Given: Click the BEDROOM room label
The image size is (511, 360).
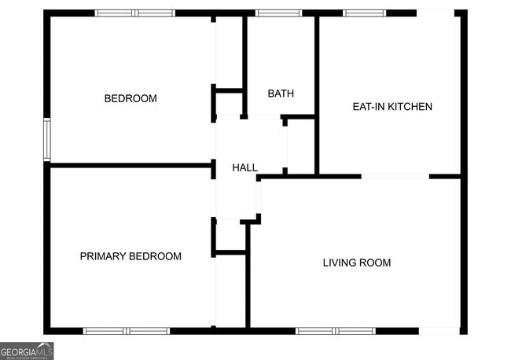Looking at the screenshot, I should [x=131, y=98].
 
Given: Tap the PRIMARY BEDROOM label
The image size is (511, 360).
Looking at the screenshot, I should [x=131, y=256].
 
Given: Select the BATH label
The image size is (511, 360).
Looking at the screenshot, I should [x=281, y=94].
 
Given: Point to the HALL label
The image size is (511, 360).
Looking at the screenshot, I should [x=244, y=167].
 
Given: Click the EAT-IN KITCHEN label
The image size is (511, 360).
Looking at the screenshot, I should [x=392, y=106].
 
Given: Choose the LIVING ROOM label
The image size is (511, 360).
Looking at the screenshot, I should [x=357, y=263].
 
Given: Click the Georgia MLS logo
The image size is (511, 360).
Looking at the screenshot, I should [x=27, y=351].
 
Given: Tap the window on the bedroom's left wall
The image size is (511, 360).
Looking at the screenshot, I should [x=47, y=139].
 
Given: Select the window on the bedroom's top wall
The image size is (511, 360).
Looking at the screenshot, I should [x=134, y=13].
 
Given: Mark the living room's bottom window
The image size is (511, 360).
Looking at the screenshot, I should [x=336, y=331].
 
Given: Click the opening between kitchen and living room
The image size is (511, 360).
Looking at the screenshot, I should [x=395, y=176].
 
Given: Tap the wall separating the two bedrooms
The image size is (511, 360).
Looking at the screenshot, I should [x=130, y=165].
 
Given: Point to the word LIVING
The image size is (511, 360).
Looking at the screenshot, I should [x=340, y=263].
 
